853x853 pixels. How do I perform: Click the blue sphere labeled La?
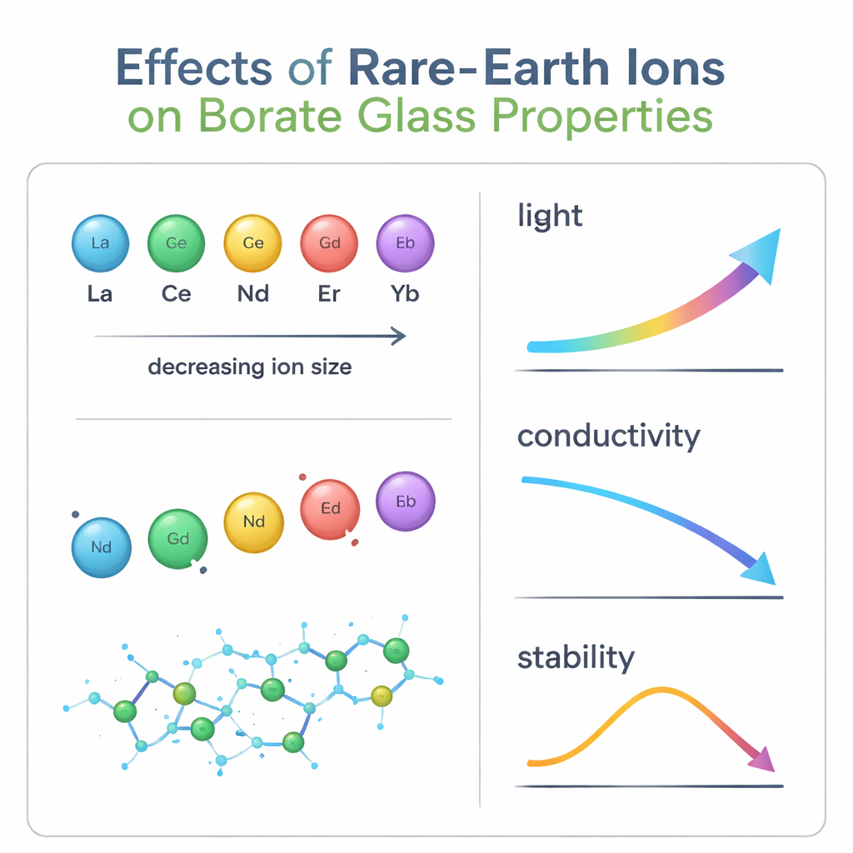click(x=99, y=243)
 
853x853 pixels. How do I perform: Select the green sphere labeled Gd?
click(x=177, y=539)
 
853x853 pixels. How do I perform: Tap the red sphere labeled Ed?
click(x=330, y=509)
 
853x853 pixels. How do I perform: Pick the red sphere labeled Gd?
click(x=330, y=243)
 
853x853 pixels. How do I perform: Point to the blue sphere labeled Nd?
click(x=101, y=547)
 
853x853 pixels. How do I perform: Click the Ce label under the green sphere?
click(x=176, y=295)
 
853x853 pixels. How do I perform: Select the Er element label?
click(x=329, y=295)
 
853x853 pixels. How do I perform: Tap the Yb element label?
click(x=406, y=295)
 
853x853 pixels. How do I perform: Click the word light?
click(x=550, y=216)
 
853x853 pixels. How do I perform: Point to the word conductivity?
click(x=609, y=436)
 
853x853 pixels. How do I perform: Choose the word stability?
click(x=576, y=657)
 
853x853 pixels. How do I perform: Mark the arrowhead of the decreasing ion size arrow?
click(x=398, y=337)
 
